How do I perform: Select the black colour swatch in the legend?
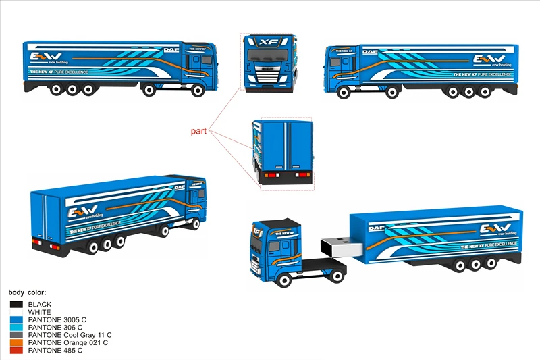pyautogui.click(x=17, y=305)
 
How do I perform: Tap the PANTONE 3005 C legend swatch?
pyautogui.click(x=17, y=319)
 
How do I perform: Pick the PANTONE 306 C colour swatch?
pyautogui.click(x=17, y=328)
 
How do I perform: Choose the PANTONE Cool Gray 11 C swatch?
pyautogui.click(x=17, y=335)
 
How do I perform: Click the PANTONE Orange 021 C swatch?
pyautogui.click(x=17, y=342)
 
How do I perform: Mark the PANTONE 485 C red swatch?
pyautogui.click(x=17, y=351)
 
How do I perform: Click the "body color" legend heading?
pyautogui.click(x=28, y=292)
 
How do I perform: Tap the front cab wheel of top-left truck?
pyautogui.click(x=198, y=89)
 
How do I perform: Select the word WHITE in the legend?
pyautogui.click(x=39, y=312)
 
